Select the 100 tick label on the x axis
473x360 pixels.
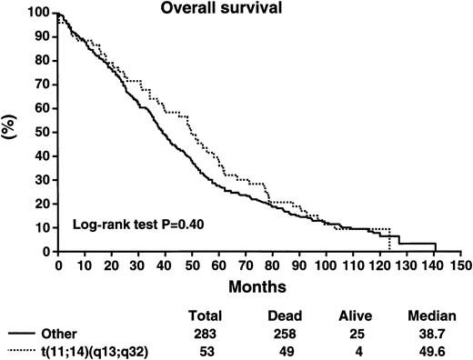(x=323, y=265)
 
